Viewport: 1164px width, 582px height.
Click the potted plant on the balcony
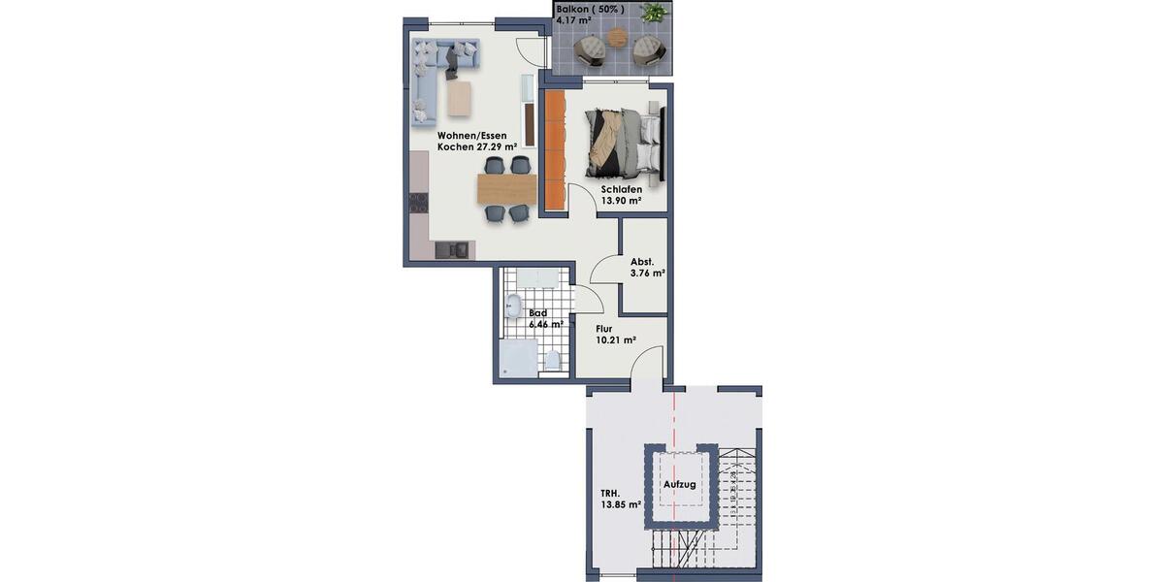point(655,14)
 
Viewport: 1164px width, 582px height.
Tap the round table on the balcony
point(618,38)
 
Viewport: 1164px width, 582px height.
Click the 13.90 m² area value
point(622,202)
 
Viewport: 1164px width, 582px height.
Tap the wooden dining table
point(506,188)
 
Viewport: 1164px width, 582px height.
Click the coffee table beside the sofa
point(459,97)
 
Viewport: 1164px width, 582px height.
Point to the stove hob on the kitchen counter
point(418,202)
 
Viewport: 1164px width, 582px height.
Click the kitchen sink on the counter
point(456,250)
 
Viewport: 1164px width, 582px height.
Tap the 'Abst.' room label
point(641,262)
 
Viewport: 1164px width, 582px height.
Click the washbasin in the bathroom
point(513,307)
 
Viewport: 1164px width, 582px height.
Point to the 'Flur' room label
point(603,328)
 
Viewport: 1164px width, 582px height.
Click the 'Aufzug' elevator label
point(680,484)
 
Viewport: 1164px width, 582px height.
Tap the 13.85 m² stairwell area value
point(620,505)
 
